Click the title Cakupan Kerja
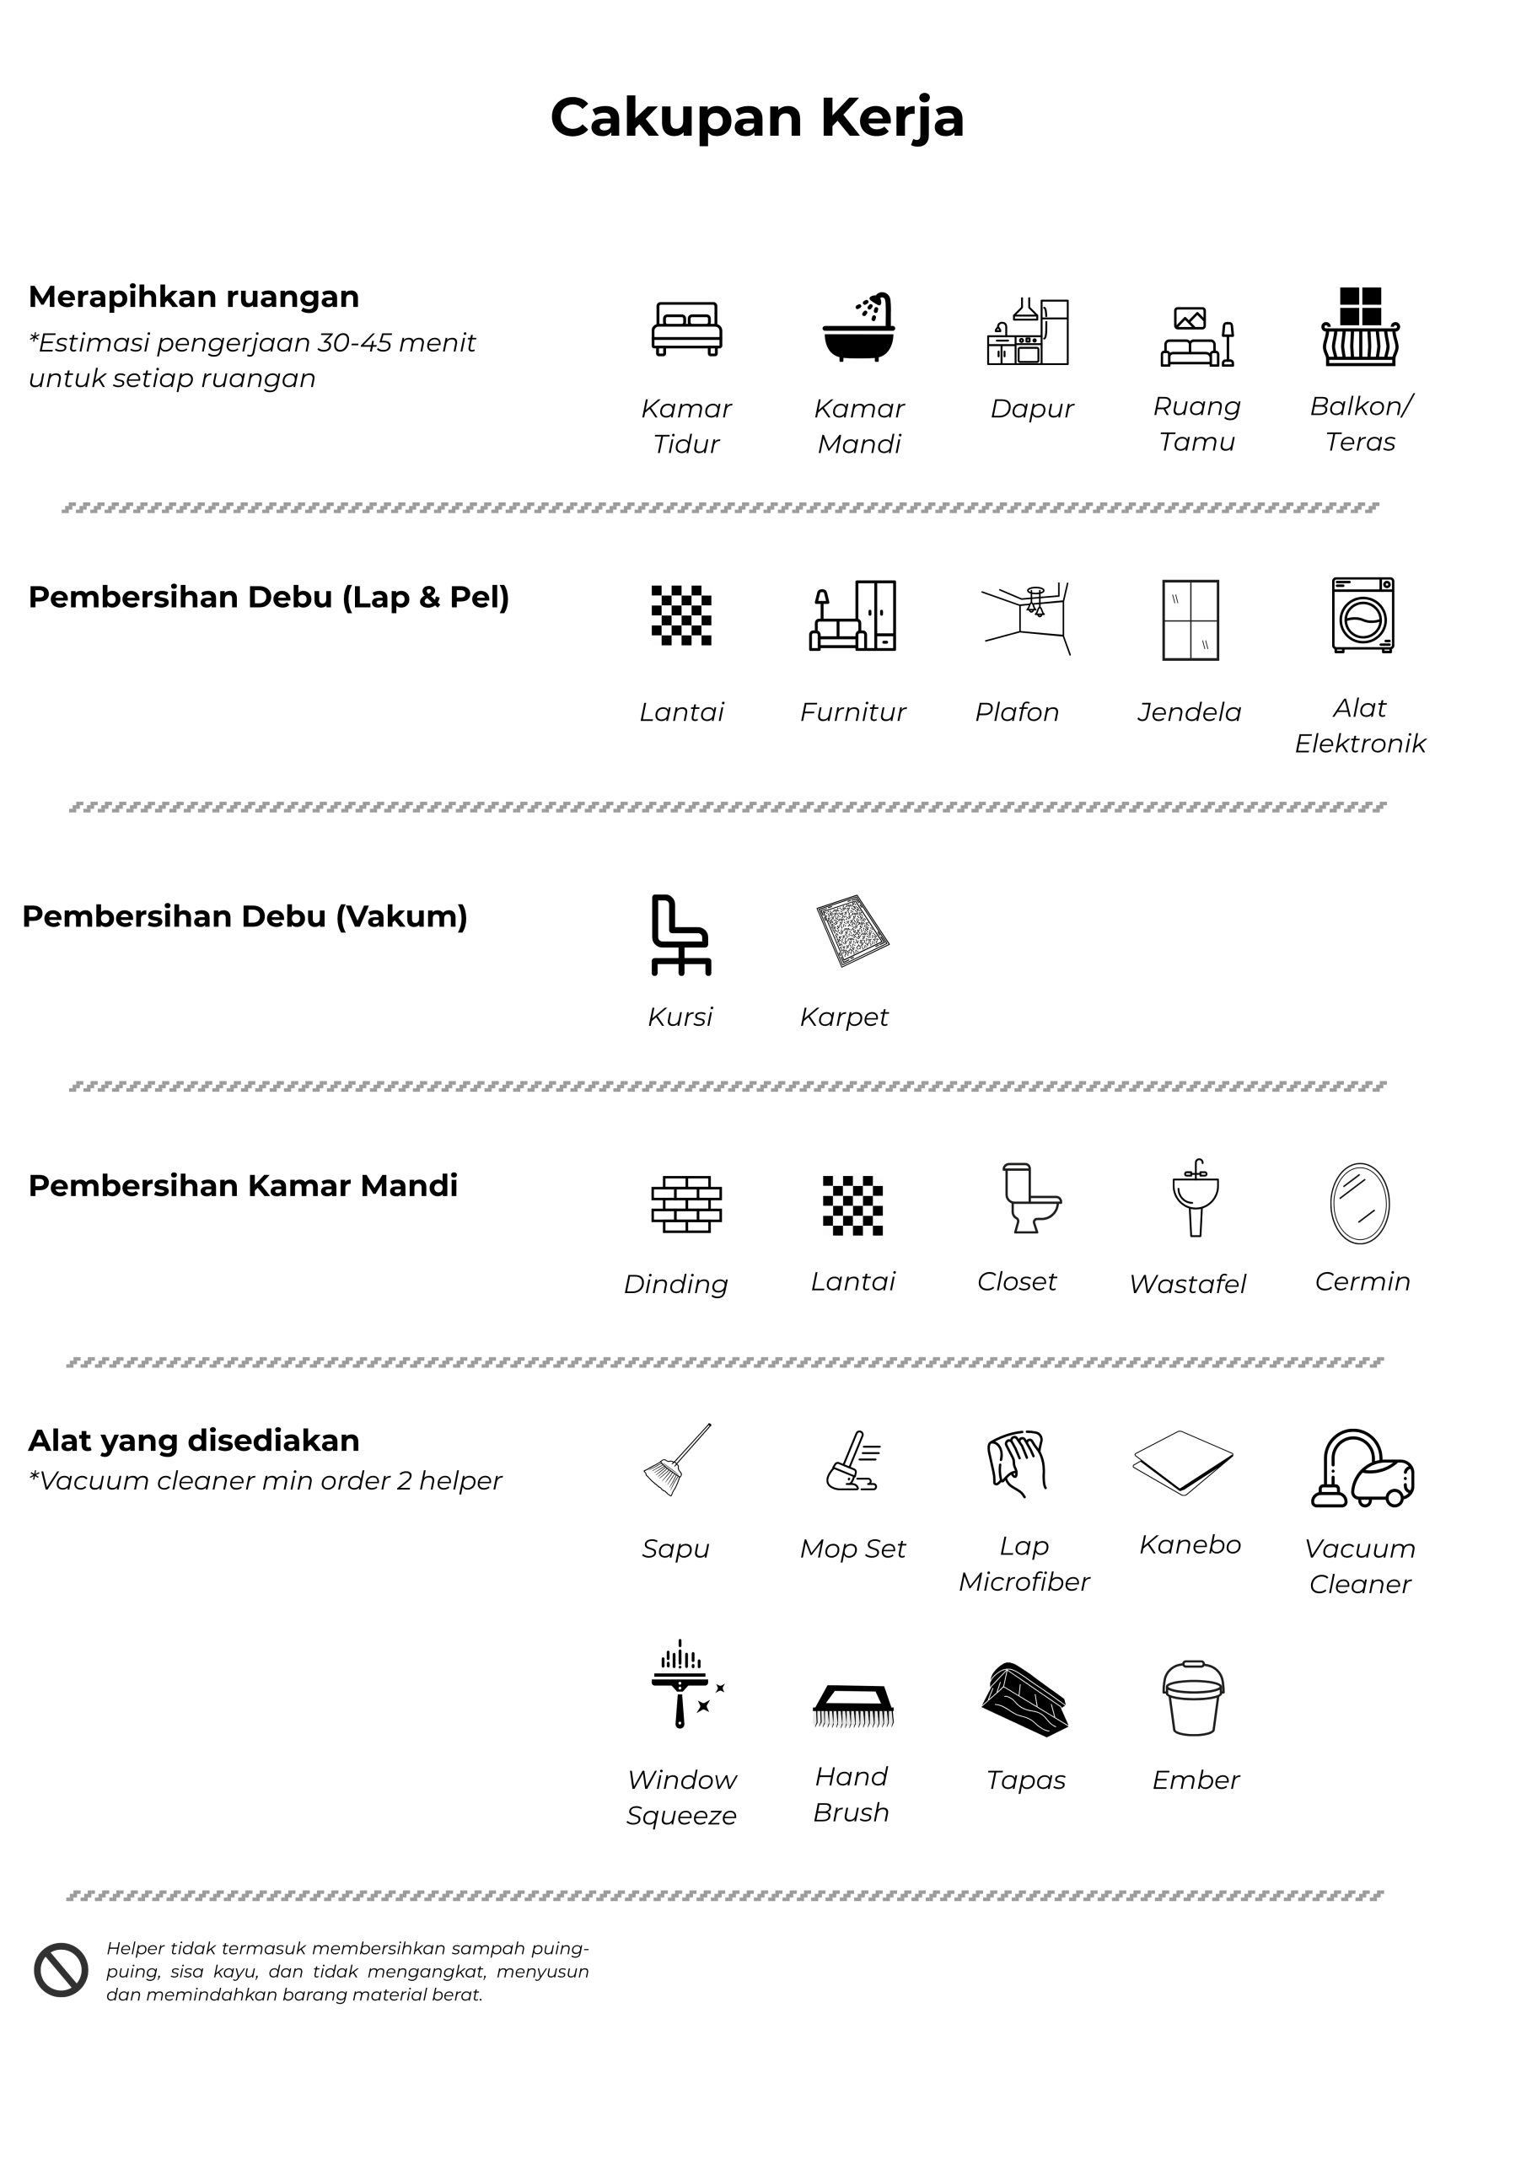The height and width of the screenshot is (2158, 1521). (757, 117)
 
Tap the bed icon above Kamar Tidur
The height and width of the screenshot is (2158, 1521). (686, 328)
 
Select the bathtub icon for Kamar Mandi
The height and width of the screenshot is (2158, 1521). (859, 327)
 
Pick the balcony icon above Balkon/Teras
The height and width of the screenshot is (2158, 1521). (1360, 326)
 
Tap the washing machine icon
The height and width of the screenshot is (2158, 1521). (1362, 615)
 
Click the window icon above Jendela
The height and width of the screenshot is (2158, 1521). (1190, 620)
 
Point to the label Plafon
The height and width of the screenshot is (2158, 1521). (1016, 712)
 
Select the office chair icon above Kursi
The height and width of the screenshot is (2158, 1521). (680, 934)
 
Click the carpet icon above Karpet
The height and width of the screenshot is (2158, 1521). (852, 931)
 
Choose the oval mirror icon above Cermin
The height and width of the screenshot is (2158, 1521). (1359, 1203)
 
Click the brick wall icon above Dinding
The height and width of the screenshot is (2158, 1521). (686, 1204)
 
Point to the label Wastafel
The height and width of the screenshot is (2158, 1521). (1187, 1284)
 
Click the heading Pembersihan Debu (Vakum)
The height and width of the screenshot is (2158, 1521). (245, 916)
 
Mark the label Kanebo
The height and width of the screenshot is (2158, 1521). (1190, 1545)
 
